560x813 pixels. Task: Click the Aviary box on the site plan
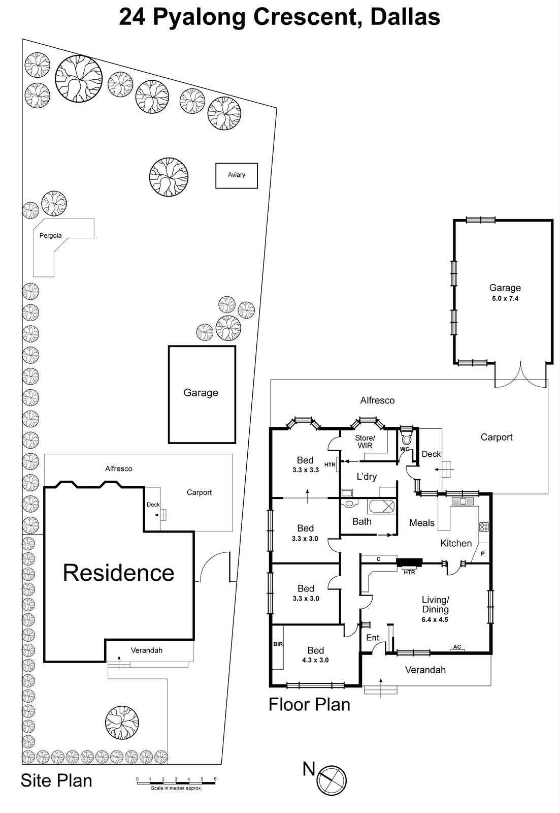[x=237, y=175]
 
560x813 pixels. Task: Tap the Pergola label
[x=51, y=236]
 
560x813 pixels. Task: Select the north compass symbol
[x=331, y=780]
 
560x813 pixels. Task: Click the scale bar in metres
[x=176, y=783]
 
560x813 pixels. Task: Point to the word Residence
[x=118, y=573]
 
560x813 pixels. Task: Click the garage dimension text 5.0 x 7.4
[x=505, y=299]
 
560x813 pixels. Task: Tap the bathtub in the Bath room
[x=381, y=507]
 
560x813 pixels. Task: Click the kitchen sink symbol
[x=463, y=502]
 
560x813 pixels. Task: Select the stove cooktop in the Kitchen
[x=484, y=526]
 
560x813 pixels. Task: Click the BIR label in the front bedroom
[x=278, y=644]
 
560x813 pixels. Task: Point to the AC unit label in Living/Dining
[x=457, y=647]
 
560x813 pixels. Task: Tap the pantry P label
[x=482, y=553]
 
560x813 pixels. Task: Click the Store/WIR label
[x=365, y=442]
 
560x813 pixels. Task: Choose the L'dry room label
[x=367, y=477]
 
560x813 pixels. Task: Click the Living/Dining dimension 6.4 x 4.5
[x=435, y=620]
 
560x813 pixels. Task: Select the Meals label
[x=422, y=523]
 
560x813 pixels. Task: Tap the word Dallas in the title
[x=405, y=17]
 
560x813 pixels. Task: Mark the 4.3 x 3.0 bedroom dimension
[x=315, y=661]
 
